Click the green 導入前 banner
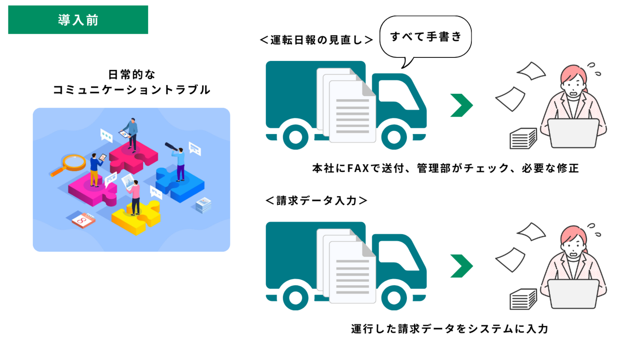[78, 20]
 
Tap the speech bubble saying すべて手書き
[425, 37]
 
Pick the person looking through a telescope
[179, 163]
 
